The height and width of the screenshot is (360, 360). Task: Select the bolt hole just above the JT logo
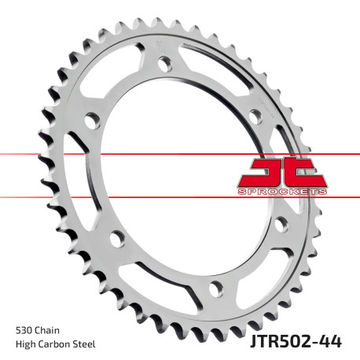[x=255, y=116]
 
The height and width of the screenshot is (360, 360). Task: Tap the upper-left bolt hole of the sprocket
[x=91, y=122]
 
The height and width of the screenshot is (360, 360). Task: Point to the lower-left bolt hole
[x=118, y=237]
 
